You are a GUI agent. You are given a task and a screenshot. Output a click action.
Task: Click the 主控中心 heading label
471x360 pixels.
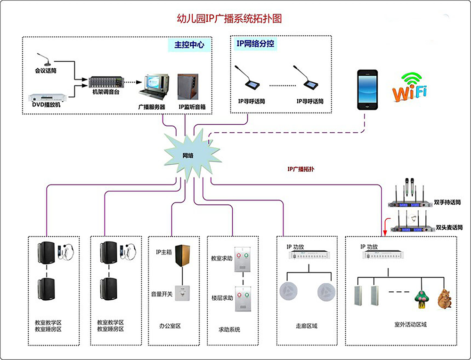(x=189, y=45)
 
